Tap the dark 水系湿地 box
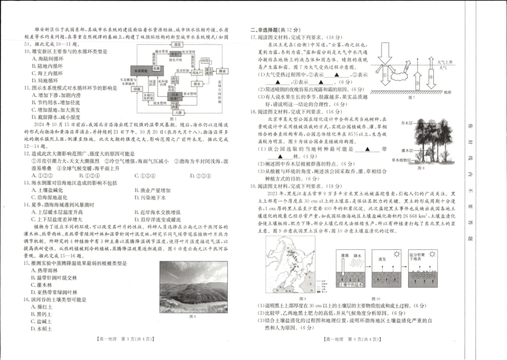[x=140, y=70]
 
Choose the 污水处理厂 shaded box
[x=174, y=97]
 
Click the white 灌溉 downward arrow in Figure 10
[x=344, y=264]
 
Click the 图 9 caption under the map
[x=303, y=299]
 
